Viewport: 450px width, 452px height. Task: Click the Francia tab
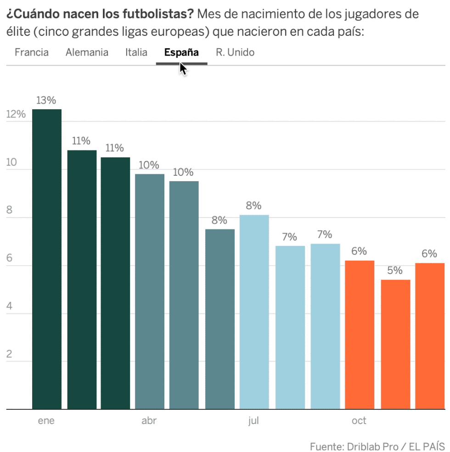(x=32, y=52)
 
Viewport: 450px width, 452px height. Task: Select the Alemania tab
(x=87, y=52)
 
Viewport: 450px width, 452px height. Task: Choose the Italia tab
(x=136, y=52)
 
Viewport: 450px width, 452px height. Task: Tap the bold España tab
(x=181, y=52)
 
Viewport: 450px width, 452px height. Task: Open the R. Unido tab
(x=235, y=52)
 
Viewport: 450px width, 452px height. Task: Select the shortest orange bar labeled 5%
(x=395, y=344)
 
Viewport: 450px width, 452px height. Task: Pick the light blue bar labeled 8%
(x=254, y=312)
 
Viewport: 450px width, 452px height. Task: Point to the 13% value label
(x=46, y=100)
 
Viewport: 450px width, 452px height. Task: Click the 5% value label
(x=394, y=270)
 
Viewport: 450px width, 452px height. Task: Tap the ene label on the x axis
(x=46, y=421)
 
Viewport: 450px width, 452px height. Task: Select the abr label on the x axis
(x=149, y=421)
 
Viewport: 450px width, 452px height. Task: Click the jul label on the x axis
(x=253, y=421)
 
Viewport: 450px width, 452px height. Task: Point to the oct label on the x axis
(x=359, y=421)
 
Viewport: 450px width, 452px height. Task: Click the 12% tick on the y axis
(x=16, y=115)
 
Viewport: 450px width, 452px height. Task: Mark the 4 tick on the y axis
(x=10, y=307)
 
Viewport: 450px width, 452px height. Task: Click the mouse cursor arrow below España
(x=183, y=69)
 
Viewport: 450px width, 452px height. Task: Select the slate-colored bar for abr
(x=150, y=291)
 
